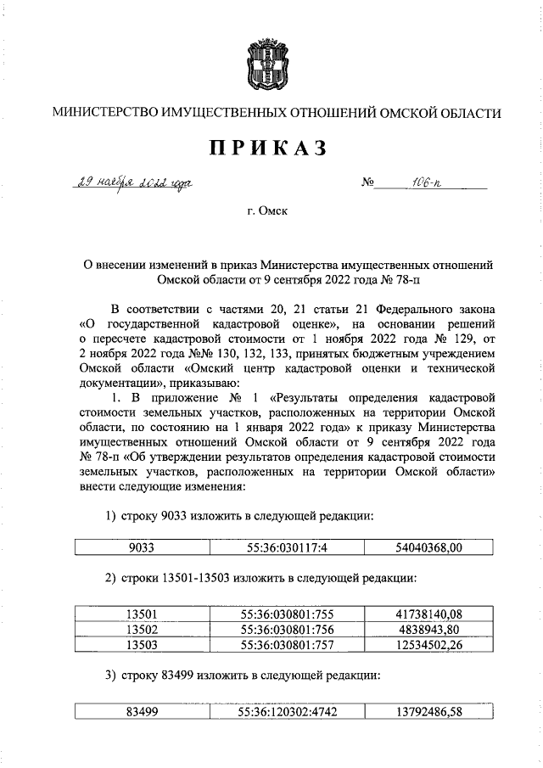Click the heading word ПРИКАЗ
(x=268, y=148)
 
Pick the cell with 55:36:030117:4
(x=288, y=548)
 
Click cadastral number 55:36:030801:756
(x=288, y=630)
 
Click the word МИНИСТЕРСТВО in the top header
(x=100, y=113)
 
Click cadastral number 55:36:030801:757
(x=288, y=645)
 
